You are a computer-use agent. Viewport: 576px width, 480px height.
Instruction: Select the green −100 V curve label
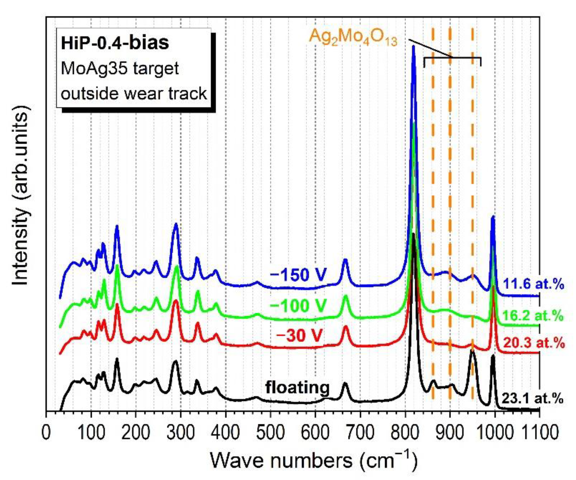298,305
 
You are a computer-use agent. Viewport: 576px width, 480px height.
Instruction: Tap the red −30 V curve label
299,335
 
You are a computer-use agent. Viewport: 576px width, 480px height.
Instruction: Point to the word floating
297,388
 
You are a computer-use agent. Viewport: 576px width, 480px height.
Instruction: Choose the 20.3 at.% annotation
534,343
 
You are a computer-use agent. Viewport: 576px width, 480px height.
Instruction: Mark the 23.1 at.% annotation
532,399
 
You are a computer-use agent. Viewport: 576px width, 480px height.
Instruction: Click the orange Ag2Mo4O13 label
353,38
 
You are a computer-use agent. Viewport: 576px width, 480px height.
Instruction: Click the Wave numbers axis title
314,460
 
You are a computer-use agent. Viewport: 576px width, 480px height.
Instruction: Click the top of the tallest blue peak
413,47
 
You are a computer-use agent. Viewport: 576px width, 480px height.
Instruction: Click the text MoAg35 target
120,68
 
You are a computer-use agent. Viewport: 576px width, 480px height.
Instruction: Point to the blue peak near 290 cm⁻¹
176,224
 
